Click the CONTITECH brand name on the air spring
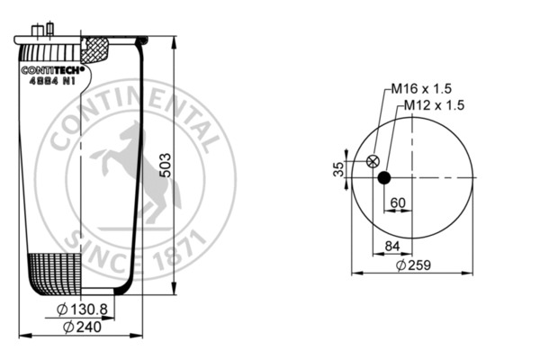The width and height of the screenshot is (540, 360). click(x=52, y=68)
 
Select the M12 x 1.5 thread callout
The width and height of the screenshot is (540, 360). click(x=433, y=105)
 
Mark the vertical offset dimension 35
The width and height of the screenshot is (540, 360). click(x=337, y=168)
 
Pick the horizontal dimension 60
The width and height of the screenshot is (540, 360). click(x=397, y=202)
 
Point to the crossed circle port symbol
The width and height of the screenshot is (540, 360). click(x=372, y=162)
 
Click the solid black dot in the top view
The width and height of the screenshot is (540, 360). click(x=384, y=177)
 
